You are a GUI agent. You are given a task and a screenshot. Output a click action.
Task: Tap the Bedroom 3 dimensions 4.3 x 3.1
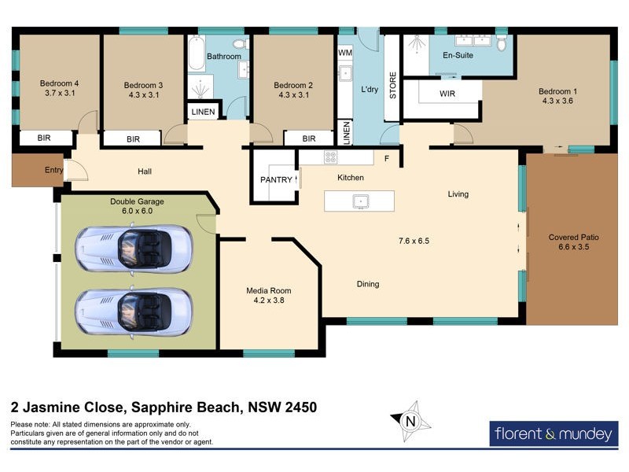142,95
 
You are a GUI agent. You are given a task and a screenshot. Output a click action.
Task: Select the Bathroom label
223,57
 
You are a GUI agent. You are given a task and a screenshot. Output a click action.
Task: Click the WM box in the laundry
345,52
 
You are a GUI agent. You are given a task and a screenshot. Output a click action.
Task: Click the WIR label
447,94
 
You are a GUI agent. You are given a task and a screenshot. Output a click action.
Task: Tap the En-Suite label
458,57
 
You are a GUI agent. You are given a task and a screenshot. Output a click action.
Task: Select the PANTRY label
276,179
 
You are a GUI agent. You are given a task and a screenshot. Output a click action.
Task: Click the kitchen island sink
360,201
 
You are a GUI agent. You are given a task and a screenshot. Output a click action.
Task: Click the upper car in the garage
133,249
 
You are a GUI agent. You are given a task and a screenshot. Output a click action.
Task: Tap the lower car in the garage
133,312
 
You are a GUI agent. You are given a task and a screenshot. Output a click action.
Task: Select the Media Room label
268,290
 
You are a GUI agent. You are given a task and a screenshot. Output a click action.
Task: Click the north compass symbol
410,421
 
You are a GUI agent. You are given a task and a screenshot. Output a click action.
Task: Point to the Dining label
368,284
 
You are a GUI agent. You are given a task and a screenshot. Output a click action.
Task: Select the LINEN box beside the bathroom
203,112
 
